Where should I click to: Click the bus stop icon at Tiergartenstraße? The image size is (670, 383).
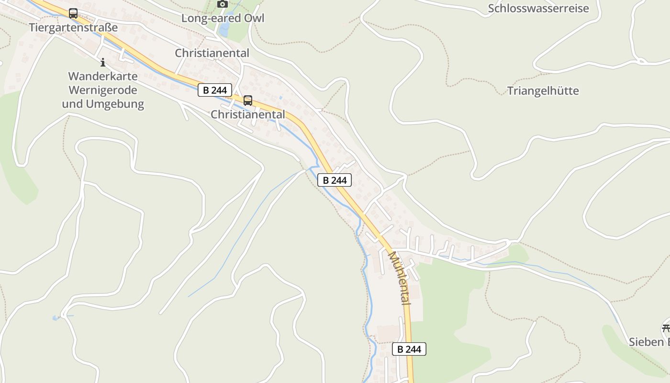tap(73, 13)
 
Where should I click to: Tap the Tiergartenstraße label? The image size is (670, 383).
tap(73, 27)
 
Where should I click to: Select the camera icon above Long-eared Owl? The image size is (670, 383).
tap(222, 4)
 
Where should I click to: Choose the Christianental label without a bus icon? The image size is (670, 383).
tap(212, 53)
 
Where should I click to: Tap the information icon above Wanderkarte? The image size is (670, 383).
tap(102, 62)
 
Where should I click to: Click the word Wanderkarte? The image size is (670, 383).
tap(103, 76)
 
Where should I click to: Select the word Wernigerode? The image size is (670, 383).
tap(103, 90)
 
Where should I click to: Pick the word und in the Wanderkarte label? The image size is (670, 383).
tap(72, 104)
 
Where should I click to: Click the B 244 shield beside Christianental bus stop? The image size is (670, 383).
tap(215, 90)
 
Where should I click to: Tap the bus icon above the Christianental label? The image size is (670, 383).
tap(247, 101)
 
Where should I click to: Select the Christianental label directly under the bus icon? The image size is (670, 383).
tap(248, 114)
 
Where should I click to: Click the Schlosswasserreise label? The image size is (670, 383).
tap(538, 8)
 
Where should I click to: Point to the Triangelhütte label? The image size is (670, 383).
tap(543, 90)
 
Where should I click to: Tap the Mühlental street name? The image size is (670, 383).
tap(399, 278)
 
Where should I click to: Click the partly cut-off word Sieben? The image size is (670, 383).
tap(648, 342)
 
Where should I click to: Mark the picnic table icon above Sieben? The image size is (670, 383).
tap(666, 328)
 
